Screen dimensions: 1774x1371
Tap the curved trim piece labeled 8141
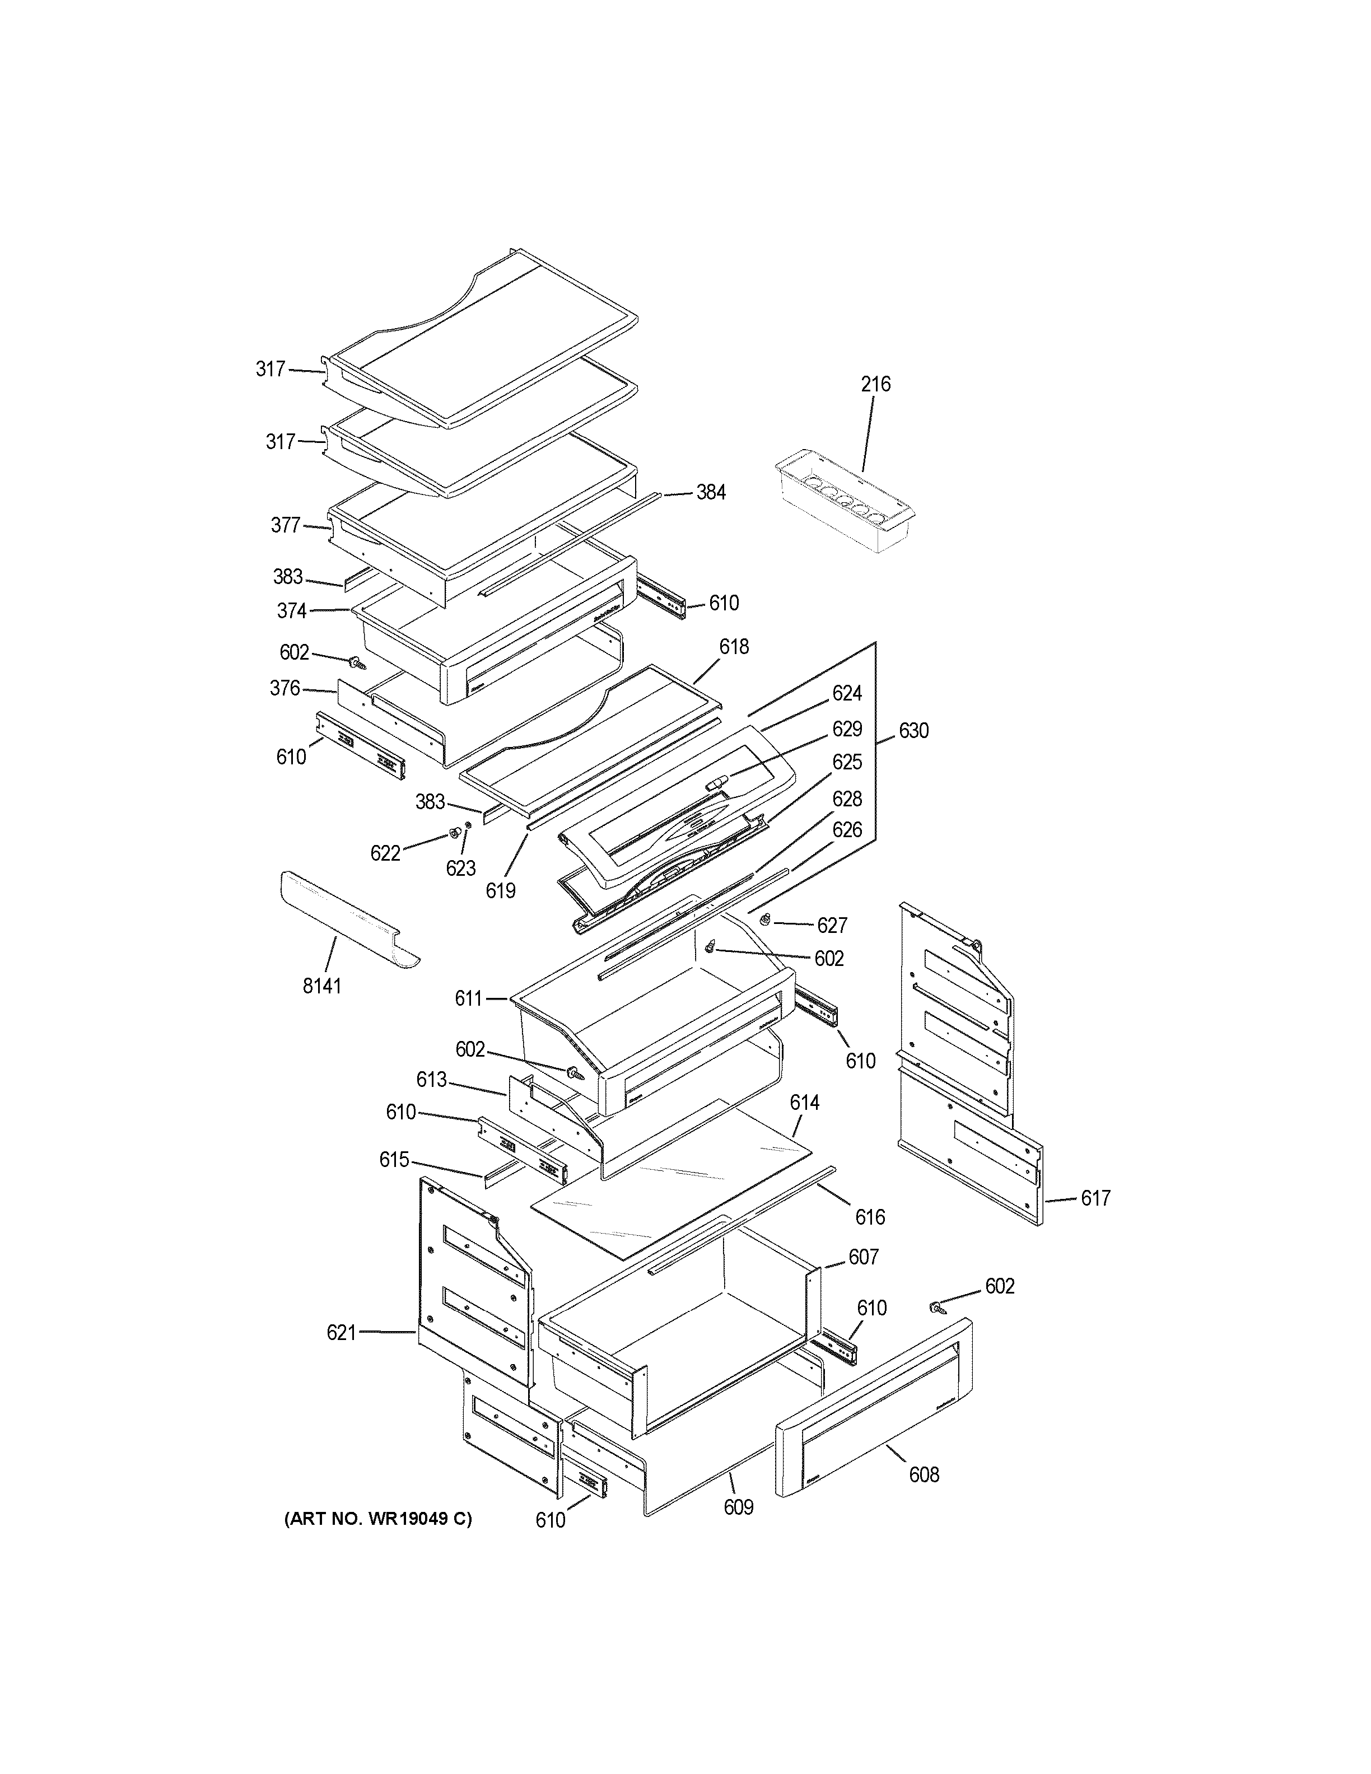[x=345, y=918]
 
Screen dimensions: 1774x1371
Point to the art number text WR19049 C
[x=377, y=1519]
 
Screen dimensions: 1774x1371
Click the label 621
[x=341, y=1332]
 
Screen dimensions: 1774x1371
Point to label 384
[x=711, y=492]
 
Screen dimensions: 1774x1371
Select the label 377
[x=285, y=526]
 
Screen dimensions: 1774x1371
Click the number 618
[x=734, y=647]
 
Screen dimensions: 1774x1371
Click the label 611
[x=469, y=998]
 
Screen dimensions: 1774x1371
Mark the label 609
[x=738, y=1507]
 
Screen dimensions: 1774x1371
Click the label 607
[x=864, y=1257]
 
